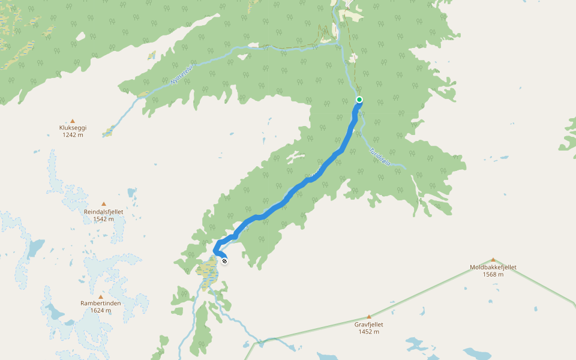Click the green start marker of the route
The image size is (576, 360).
(359, 100)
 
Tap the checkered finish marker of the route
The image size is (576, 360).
(224, 260)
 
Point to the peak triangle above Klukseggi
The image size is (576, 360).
(73, 121)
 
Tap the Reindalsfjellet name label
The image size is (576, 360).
(103, 212)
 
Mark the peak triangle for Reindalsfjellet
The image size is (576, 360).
(104, 204)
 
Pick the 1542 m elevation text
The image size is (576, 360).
(103, 219)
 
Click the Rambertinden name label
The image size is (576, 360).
(101, 303)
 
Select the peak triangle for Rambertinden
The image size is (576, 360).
(101, 296)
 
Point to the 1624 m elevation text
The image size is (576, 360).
(101, 310)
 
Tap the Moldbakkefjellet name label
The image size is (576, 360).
(493, 268)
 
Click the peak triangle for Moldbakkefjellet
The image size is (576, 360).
(493, 260)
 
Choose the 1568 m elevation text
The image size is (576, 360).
(493, 275)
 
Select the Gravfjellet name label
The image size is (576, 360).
(369, 325)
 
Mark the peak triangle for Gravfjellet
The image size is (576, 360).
(369, 317)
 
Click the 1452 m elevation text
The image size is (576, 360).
(369, 332)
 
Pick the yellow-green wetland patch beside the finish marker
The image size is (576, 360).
(208, 272)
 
